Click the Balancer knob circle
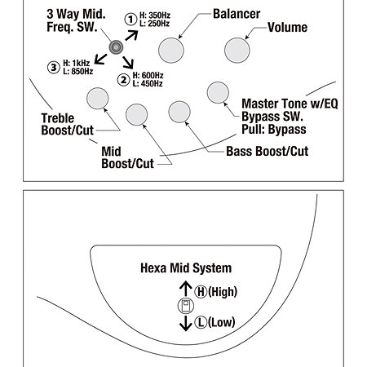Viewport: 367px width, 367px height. point(171,51)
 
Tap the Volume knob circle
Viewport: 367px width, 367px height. point(237,51)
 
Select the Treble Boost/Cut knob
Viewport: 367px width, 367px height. point(97,99)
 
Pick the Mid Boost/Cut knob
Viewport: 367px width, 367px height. point(136,114)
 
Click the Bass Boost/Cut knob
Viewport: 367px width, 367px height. point(179,112)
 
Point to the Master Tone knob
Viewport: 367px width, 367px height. point(218,92)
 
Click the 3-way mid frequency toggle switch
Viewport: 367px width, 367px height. point(116,47)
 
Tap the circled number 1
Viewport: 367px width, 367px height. point(130,20)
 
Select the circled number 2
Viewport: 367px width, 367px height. point(123,80)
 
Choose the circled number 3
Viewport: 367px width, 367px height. point(54,68)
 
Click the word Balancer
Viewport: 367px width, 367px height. point(237,14)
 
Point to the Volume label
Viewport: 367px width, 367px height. point(288,27)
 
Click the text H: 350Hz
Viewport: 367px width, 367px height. point(155,15)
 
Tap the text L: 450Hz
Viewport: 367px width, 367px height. point(148,83)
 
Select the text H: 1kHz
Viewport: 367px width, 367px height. point(77,63)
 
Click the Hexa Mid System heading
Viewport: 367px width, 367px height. point(186,268)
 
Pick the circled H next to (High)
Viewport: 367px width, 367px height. point(201,292)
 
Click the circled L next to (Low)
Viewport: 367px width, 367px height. point(201,322)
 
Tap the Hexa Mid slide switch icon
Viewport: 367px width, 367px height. point(186,306)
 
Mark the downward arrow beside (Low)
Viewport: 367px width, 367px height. point(186,323)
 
